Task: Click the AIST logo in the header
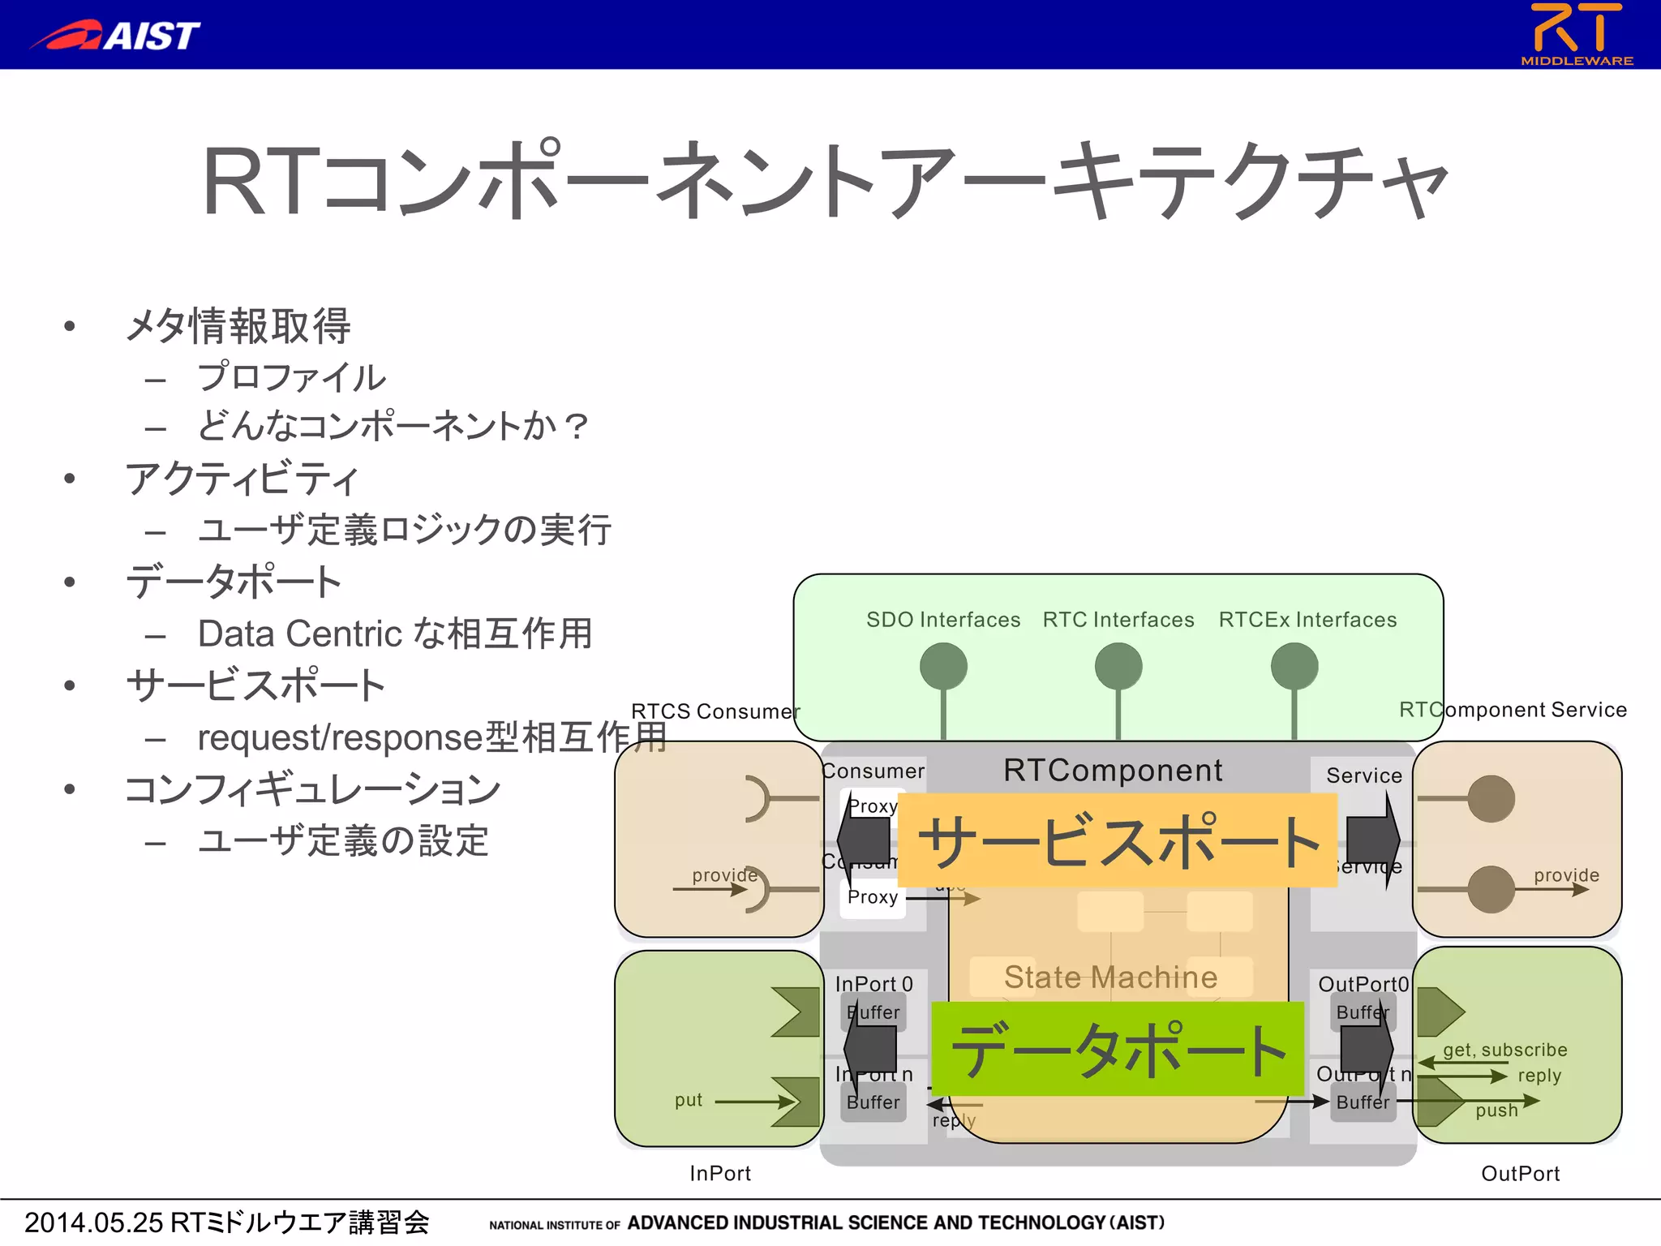(x=115, y=35)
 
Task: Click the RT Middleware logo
(x=1577, y=33)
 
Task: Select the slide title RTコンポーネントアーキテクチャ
(x=824, y=180)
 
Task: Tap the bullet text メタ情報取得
(x=238, y=326)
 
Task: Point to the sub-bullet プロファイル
(x=291, y=377)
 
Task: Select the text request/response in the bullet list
(x=339, y=737)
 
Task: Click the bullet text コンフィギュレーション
(x=312, y=789)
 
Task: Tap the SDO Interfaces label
(x=942, y=620)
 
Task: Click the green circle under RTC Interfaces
(x=1118, y=667)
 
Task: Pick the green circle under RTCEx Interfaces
(x=1294, y=667)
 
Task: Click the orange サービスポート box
(x=1117, y=840)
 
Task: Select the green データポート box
(x=1117, y=1049)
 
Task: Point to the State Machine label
(x=1110, y=977)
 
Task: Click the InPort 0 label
(x=873, y=984)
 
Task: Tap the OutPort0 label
(x=1363, y=984)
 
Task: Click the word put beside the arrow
(x=688, y=1100)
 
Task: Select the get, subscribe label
(x=1504, y=1050)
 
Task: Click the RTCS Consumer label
(x=715, y=711)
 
